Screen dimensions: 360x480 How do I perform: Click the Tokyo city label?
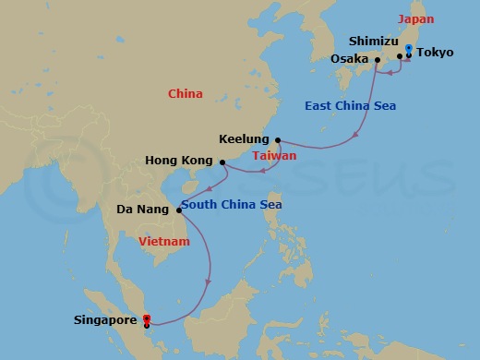point(435,53)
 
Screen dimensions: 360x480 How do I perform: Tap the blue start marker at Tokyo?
point(409,49)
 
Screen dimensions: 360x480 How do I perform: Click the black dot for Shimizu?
point(400,56)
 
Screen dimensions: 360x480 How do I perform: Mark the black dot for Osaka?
point(378,61)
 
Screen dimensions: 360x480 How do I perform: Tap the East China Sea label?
point(350,106)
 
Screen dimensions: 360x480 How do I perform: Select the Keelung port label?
point(244,139)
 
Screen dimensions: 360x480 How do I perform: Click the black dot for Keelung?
point(278,140)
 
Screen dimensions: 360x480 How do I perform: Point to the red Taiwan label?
point(274,156)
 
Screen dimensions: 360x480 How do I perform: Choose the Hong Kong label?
point(179,162)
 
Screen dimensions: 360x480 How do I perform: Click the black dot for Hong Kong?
point(222,162)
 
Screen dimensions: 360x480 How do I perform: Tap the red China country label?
point(185,93)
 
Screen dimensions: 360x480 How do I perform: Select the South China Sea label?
point(231,204)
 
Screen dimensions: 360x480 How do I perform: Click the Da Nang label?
point(142,210)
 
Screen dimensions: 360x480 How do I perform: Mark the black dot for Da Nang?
point(178,210)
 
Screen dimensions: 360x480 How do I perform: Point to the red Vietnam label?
point(163,242)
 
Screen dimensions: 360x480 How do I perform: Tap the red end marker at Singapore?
point(147,319)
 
